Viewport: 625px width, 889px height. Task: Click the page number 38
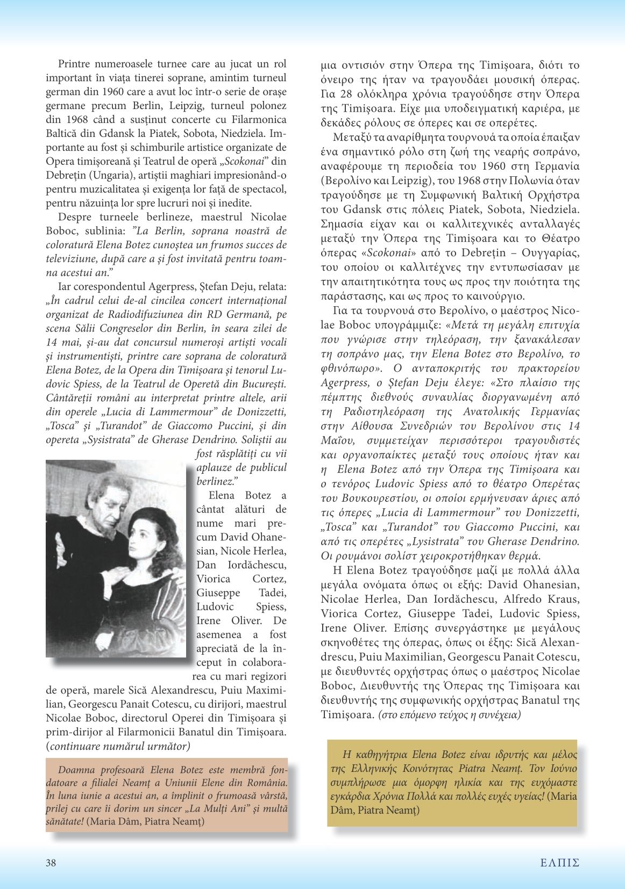coord(51,863)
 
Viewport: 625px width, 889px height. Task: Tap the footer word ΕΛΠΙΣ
coord(559,863)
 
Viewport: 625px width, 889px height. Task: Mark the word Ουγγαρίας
coord(549,252)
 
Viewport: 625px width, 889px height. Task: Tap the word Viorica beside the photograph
coord(213,579)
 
